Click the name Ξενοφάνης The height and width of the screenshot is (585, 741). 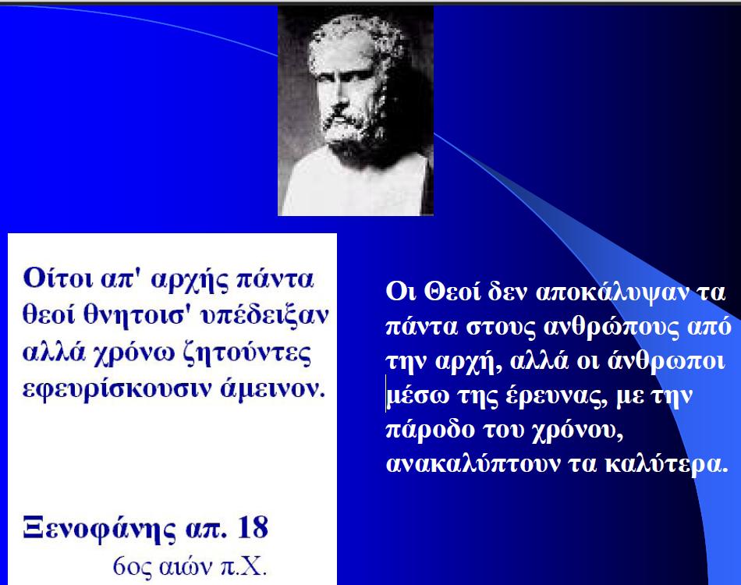point(99,529)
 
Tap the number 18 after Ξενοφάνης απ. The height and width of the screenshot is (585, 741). point(253,527)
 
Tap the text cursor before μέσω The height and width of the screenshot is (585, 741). point(386,394)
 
